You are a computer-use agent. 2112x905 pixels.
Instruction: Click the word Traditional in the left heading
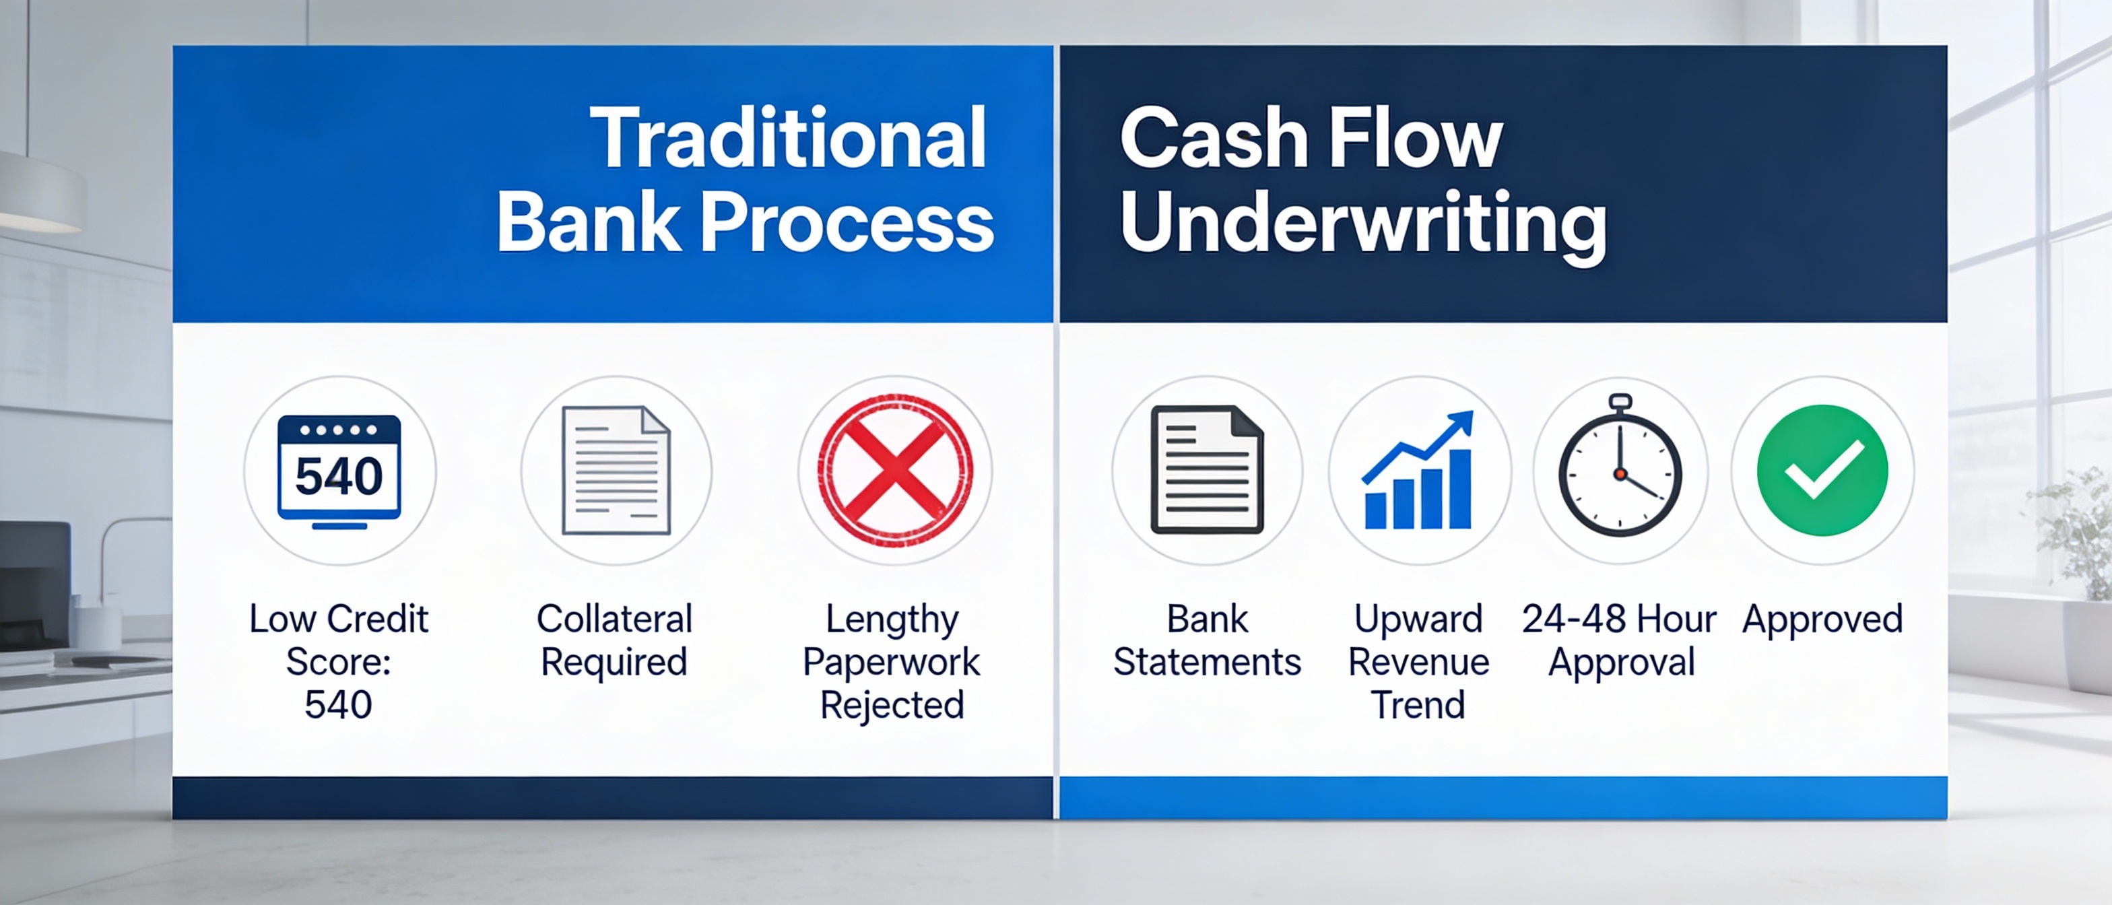click(x=788, y=139)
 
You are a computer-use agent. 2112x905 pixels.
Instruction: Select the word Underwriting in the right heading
click(x=1362, y=223)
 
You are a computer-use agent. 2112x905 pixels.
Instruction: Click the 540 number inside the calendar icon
click(x=339, y=476)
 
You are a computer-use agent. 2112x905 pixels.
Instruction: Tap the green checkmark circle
click(x=1822, y=471)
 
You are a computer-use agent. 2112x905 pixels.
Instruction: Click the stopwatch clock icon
click(x=1620, y=471)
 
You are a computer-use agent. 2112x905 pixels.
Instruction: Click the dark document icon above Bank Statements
click(x=1207, y=471)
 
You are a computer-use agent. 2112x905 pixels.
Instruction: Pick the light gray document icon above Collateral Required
click(x=616, y=471)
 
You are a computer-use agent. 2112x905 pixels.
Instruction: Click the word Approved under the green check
click(x=1822, y=619)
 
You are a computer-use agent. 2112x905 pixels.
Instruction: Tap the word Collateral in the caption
click(x=614, y=619)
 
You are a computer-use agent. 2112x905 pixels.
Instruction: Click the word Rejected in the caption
click(x=892, y=705)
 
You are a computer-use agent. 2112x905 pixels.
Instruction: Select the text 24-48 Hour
click(x=1618, y=619)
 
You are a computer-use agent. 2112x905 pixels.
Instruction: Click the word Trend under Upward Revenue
click(x=1418, y=705)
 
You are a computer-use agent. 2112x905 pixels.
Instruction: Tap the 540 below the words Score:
click(x=338, y=705)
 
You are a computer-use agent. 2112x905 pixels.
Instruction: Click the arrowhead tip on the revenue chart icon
click(x=1466, y=418)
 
